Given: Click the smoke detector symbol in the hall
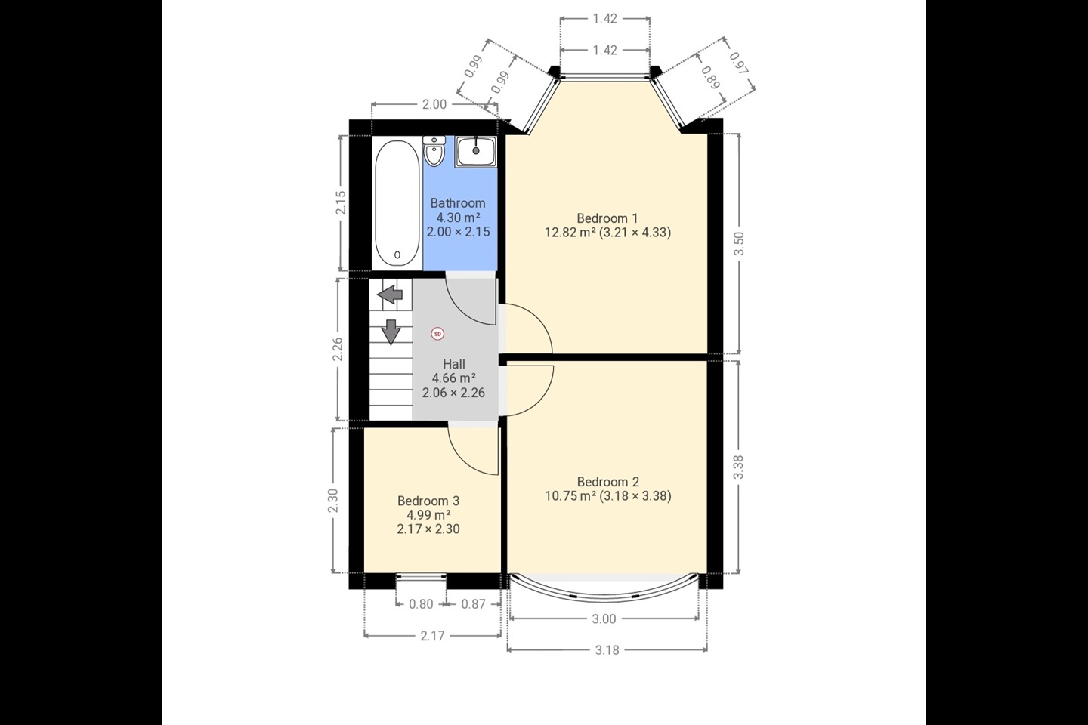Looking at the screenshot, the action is [x=437, y=334].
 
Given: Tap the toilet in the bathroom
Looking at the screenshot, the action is [x=433, y=150].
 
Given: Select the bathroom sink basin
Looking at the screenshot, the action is [x=476, y=152].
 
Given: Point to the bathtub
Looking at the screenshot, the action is [x=397, y=203].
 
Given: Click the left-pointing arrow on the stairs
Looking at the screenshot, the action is [x=390, y=295].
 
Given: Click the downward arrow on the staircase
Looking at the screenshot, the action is [x=391, y=332].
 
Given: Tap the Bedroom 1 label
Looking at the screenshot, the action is [x=607, y=218].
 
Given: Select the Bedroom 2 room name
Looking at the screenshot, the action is [x=607, y=482].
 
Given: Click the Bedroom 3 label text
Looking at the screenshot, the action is [x=428, y=501].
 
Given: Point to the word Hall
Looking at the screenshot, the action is [x=453, y=364].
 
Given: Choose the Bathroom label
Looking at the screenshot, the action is [x=458, y=203].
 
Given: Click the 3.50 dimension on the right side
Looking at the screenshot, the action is [x=739, y=244].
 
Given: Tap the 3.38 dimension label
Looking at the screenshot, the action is [x=738, y=467].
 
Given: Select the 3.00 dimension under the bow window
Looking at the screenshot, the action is [x=604, y=619].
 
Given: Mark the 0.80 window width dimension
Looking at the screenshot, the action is [x=421, y=604].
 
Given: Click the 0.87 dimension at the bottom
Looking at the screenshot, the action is [x=473, y=604].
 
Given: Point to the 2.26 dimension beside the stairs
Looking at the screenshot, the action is [x=338, y=349].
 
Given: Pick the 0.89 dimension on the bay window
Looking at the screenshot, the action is [x=709, y=78].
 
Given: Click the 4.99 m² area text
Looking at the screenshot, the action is [x=428, y=515].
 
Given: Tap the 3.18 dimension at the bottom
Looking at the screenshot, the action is [x=607, y=650].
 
